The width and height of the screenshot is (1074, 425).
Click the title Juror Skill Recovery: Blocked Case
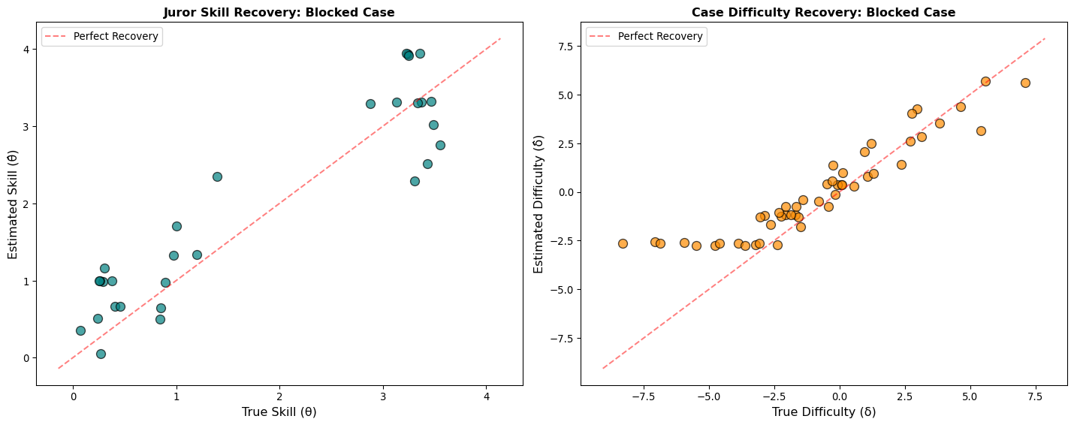(279, 12)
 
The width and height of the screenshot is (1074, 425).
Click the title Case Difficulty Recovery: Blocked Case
(823, 12)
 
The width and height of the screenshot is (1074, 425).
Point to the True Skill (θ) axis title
(279, 411)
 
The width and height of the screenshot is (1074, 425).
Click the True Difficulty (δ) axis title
(823, 411)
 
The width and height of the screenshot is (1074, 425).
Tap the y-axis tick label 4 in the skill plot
(25, 50)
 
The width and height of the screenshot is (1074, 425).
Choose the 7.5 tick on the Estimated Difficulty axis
(564, 47)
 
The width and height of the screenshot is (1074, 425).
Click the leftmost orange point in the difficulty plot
(623, 243)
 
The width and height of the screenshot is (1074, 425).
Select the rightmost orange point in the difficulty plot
(1025, 83)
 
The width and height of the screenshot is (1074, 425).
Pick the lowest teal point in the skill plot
(101, 354)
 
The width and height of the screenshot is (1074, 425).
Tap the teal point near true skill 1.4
(217, 176)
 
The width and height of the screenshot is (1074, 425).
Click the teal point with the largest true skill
(440, 145)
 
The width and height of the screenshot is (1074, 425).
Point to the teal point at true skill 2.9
(370, 104)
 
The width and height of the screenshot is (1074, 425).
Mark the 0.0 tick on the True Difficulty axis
(840, 396)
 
